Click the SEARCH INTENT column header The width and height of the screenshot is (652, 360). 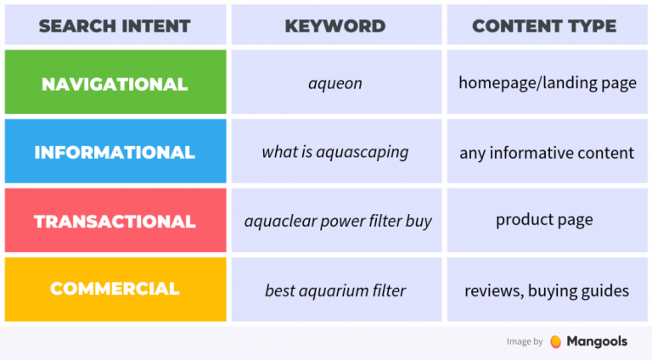(115, 25)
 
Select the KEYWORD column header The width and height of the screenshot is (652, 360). (335, 25)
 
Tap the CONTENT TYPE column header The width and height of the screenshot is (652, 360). (544, 25)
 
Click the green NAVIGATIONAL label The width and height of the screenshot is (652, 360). (115, 84)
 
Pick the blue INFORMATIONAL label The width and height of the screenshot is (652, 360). (115, 153)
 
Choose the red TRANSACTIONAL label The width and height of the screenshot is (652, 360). (115, 222)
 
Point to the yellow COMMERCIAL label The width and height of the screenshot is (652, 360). (115, 289)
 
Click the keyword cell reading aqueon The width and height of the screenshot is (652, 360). (335, 84)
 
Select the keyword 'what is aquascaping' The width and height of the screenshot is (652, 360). (335, 153)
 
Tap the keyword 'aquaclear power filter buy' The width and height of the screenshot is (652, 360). (338, 222)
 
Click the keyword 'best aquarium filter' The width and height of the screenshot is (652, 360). (335, 290)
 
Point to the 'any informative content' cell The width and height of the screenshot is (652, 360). (546, 153)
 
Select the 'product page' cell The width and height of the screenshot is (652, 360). (544, 220)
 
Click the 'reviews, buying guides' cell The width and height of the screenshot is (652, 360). (546, 290)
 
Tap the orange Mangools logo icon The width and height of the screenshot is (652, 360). (555, 341)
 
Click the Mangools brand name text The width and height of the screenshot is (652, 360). (598, 341)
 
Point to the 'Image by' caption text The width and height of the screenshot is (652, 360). (524, 342)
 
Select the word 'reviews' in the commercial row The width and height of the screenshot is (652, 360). (492, 290)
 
